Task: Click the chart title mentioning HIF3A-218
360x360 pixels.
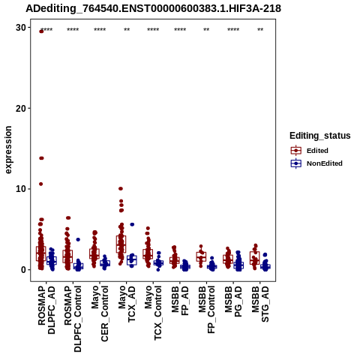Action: tap(153, 8)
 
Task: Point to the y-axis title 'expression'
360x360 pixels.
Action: tap(8, 150)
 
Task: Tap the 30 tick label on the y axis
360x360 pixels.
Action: tap(21, 28)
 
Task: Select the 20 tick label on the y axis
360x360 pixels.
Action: tap(21, 108)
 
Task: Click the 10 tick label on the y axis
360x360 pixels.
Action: tap(21, 189)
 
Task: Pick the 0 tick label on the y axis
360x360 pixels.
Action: tap(24, 270)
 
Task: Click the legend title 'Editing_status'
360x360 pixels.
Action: tap(320, 136)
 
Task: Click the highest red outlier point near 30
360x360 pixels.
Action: tap(41, 31)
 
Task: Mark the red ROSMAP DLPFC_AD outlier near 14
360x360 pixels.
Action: tap(41, 158)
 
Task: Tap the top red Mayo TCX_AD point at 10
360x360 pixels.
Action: tap(121, 188)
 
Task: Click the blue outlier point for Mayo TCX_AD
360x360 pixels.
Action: tap(132, 224)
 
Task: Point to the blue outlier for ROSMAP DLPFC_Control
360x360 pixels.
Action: tap(78, 239)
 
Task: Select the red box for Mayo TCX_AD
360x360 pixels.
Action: tap(121, 244)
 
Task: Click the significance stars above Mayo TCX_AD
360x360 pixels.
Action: tap(127, 30)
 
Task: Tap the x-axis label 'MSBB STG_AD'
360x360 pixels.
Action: tap(260, 304)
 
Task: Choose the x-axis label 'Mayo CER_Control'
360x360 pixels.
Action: tap(100, 313)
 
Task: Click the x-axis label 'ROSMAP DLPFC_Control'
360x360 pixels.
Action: tap(73, 319)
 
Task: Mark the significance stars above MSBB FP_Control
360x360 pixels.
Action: tap(206, 30)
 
